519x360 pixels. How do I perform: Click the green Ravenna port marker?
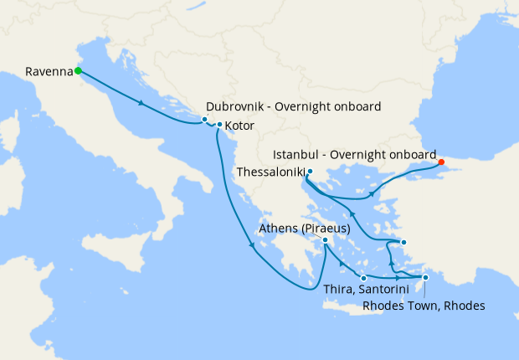[78, 71]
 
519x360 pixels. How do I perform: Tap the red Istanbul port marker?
[441, 162]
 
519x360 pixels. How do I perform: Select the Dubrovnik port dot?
[204, 120]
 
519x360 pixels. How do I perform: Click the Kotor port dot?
[219, 126]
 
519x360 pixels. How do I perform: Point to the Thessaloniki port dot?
[309, 172]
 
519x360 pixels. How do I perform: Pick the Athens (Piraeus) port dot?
[326, 240]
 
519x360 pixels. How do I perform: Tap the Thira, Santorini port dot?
[363, 277]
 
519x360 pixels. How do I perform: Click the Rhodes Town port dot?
[425, 277]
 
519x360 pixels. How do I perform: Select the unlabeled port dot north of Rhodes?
[403, 243]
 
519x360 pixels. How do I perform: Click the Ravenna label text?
[49, 71]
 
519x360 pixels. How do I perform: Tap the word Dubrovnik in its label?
[237, 106]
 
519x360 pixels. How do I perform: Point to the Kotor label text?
[240, 126]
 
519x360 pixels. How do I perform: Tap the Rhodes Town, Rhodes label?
[424, 306]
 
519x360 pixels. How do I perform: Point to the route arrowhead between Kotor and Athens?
[251, 244]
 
